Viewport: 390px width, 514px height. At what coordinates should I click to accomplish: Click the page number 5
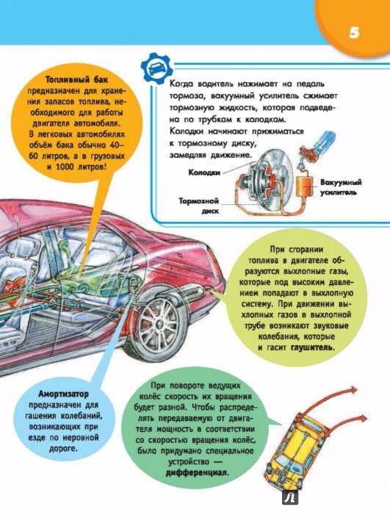(x=354, y=33)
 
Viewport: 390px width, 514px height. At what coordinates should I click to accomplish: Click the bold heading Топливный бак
(x=76, y=79)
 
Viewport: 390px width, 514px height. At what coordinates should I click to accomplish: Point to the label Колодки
(x=204, y=173)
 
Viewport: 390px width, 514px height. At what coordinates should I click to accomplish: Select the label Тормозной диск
(x=200, y=206)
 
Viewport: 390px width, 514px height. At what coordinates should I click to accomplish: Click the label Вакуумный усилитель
(x=341, y=187)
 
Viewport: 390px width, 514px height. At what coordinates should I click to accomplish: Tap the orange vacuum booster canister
(x=304, y=187)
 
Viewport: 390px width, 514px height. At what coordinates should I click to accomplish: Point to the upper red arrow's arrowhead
(x=353, y=390)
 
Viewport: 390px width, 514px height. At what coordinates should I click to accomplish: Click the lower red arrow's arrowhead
(x=362, y=419)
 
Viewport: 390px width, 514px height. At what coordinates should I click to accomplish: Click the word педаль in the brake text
(x=310, y=84)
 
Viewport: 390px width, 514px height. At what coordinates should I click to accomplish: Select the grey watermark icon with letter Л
(x=290, y=498)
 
